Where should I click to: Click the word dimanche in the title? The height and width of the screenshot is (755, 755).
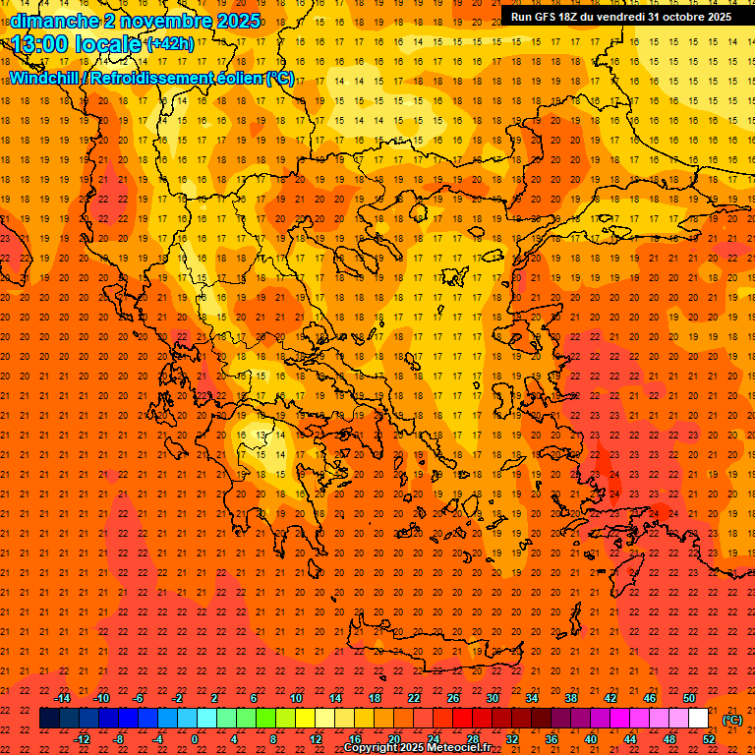point(55,21)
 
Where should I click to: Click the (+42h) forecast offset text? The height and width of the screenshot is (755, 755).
point(169,44)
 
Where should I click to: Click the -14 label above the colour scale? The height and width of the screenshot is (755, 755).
point(62,698)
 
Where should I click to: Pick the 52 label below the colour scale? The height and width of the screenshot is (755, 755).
point(709,739)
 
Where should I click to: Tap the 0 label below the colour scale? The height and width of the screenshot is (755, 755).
point(195,739)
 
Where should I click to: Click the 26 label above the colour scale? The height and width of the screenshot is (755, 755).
point(452,698)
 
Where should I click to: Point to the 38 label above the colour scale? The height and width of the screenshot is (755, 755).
point(570,698)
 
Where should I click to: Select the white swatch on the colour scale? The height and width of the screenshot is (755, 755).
point(698,719)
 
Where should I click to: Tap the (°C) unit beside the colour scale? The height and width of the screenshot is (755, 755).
point(732,720)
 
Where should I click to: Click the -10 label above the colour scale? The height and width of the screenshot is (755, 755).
point(100,698)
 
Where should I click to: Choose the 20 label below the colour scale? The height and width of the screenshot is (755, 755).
point(394,739)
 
